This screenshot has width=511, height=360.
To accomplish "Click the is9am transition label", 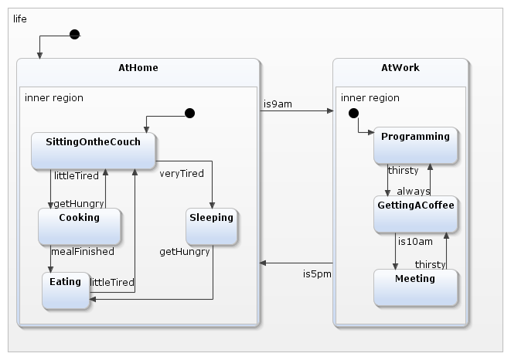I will pyautogui.click(x=278, y=103).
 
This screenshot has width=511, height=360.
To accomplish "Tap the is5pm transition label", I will pyautogui.click(x=316, y=273).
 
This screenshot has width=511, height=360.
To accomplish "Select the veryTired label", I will pyautogui.click(x=182, y=173).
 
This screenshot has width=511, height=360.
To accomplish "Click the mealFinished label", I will pyautogui.click(x=82, y=251).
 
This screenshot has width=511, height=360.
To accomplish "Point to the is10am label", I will pyautogui.click(x=415, y=241).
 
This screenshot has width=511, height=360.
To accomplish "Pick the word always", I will pyautogui.click(x=414, y=191).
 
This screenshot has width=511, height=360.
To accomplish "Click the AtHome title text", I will pyautogui.click(x=138, y=68).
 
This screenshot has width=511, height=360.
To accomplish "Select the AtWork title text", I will pyautogui.click(x=400, y=68).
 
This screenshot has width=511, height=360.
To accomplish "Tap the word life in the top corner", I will pyautogui.click(x=20, y=19).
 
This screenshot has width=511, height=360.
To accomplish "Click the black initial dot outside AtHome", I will pyautogui.click(x=74, y=34).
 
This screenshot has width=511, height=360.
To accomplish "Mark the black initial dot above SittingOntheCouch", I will pyautogui.click(x=189, y=114).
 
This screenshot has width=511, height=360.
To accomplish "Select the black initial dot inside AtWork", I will pyautogui.click(x=353, y=114).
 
